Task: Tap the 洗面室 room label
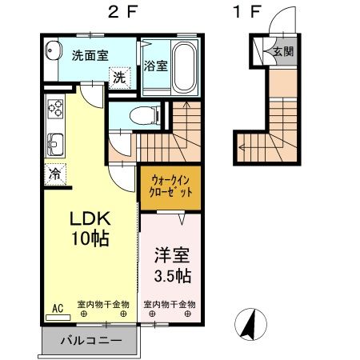[89, 56]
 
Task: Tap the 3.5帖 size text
[173, 277]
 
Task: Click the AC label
[58, 307]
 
